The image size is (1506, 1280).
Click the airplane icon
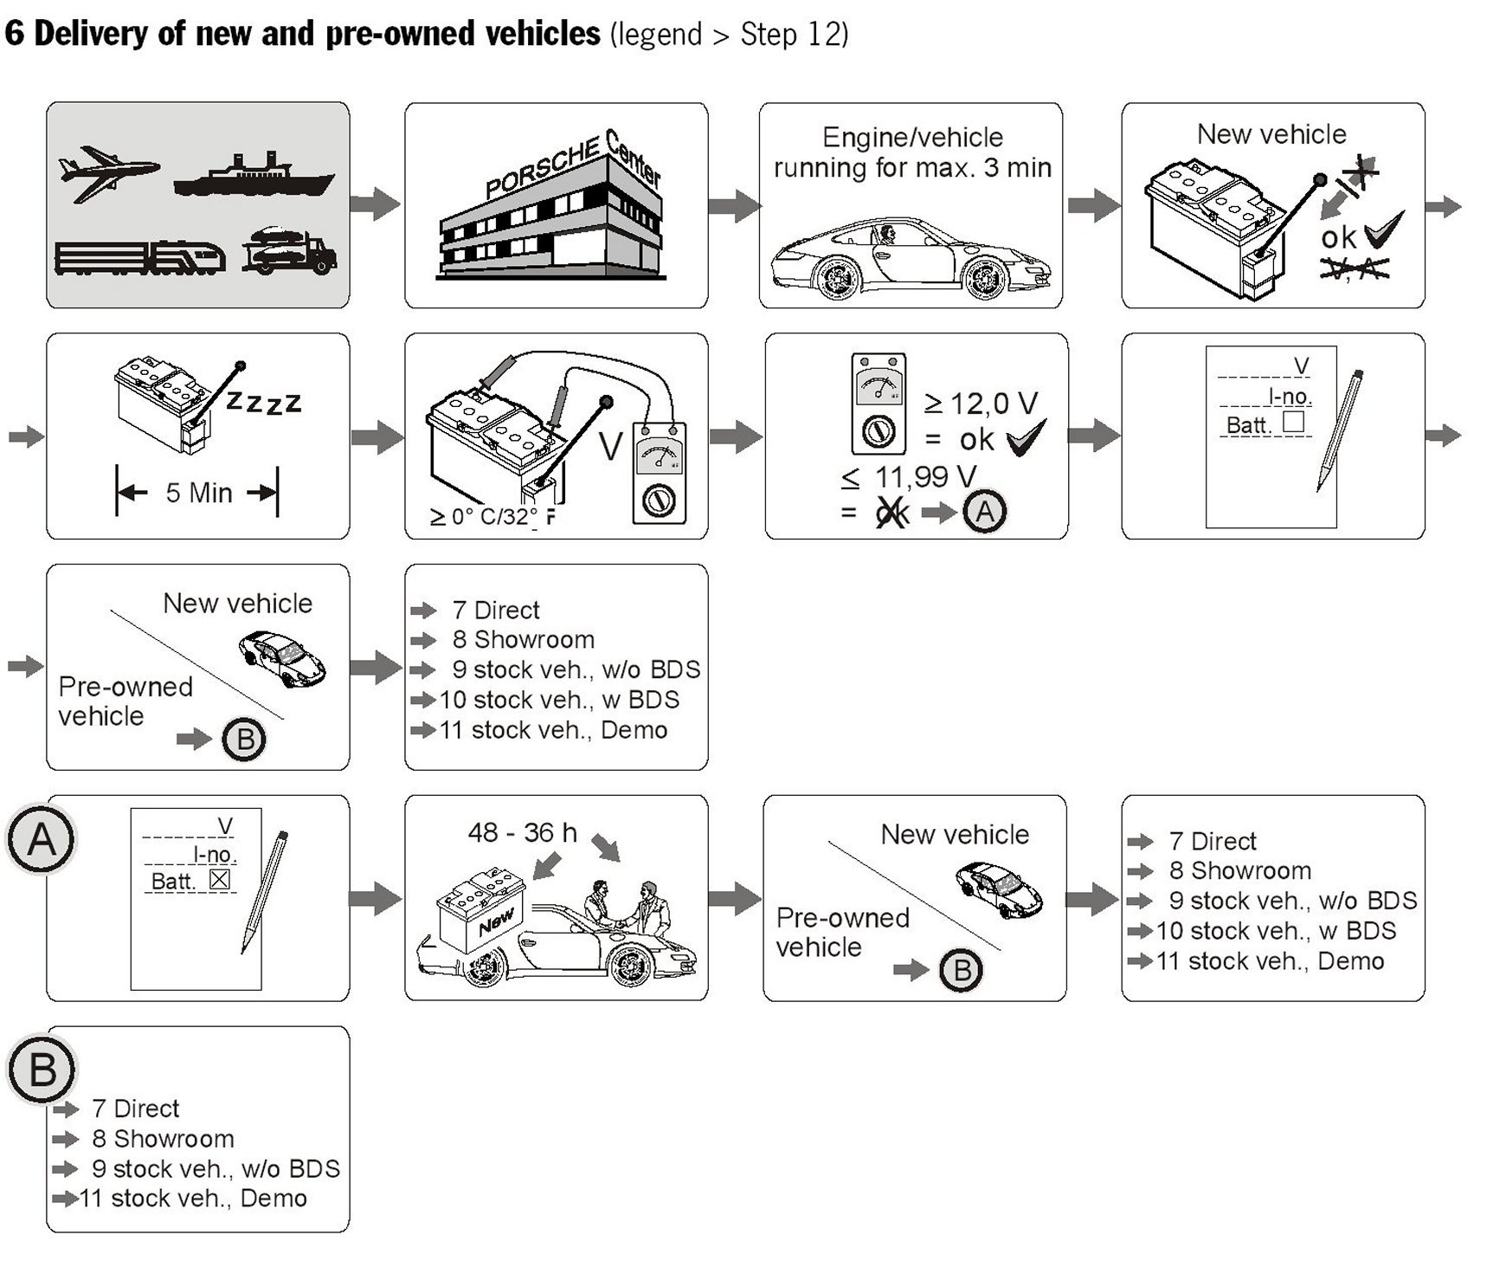coord(107,172)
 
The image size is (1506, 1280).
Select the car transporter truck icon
coord(289,251)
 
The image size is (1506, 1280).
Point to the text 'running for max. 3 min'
coord(912,167)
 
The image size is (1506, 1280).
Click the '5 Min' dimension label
coord(198,493)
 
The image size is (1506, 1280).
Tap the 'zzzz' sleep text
coord(263,401)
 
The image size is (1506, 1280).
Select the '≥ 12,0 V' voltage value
coord(981,403)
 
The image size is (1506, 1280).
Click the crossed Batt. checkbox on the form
coord(220,880)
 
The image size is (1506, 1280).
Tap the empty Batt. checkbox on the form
coord(1293,422)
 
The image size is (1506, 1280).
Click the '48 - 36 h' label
coord(522,832)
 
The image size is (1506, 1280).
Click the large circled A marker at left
coord(42,839)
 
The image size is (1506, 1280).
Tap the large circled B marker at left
coord(42,1070)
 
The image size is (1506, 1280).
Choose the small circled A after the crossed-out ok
coord(985,512)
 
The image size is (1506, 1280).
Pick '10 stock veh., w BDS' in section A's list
coord(1276,931)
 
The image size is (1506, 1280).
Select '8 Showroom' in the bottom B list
coord(163,1139)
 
